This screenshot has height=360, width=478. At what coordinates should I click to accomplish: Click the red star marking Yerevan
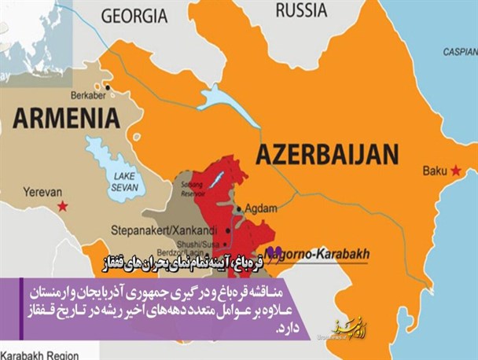[x=63, y=205]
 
